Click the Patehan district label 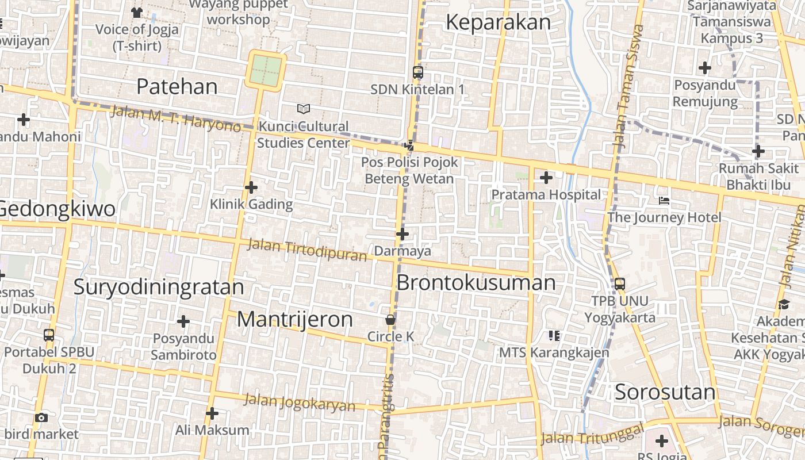177,86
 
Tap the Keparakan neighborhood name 498,22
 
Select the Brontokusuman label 476,283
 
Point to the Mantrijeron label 294,319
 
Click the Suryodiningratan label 159,286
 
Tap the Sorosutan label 665,392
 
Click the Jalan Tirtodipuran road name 306,250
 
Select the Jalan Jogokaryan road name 299,402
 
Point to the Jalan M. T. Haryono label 175,118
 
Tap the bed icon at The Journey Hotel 664,201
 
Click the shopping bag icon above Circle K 390,320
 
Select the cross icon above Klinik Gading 251,187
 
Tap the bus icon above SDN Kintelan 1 418,72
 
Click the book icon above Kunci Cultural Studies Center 303,109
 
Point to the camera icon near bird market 41,417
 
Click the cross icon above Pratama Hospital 546,178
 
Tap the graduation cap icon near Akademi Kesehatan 783,304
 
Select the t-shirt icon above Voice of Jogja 136,12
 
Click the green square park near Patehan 266,70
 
